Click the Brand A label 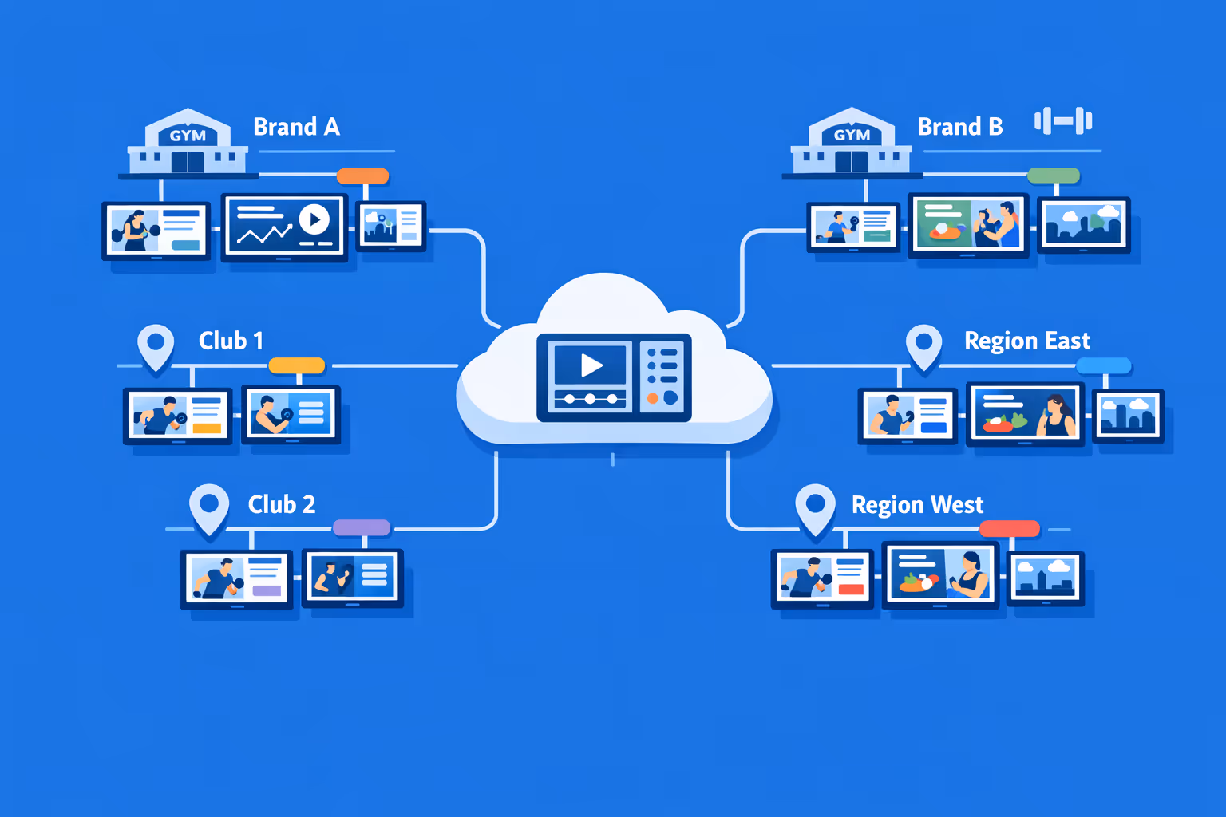coord(296,127)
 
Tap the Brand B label coord(959,127)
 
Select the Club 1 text coord(231,341)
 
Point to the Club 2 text coord(281,504)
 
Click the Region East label coord(1026,341)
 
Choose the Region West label coord(917,505)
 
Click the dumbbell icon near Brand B coord(1063,121)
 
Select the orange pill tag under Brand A coord(362,176)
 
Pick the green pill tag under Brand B coord(1053,176)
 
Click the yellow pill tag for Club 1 coord(297,365)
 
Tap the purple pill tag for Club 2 coord(361,527)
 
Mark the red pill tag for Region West coord(1009,528)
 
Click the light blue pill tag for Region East coord(1103,365)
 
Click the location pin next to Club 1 coord(156,345)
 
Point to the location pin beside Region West coord(815,507)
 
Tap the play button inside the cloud coord(591,365)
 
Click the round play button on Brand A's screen coord(314,219)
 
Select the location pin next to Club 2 coord(209,507)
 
